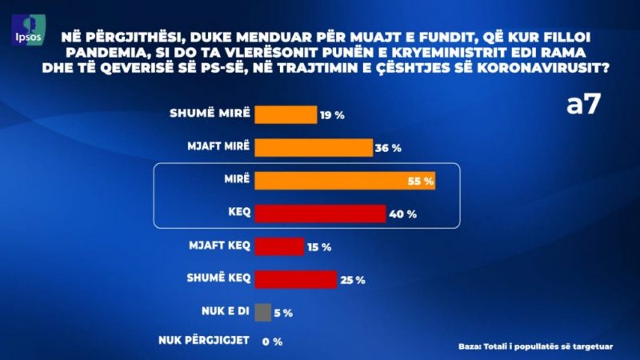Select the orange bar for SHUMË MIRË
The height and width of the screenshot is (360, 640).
285,114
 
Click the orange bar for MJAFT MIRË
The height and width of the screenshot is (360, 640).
314,148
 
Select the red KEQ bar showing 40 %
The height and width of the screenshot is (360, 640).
320,214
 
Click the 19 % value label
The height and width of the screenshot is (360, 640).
332,115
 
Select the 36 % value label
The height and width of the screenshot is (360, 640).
388,149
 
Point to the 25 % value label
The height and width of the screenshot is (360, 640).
352,280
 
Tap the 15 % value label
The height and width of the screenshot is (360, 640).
319,247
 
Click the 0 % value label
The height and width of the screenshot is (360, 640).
274,343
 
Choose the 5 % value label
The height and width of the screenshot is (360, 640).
284,313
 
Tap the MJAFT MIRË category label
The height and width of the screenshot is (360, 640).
219,147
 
